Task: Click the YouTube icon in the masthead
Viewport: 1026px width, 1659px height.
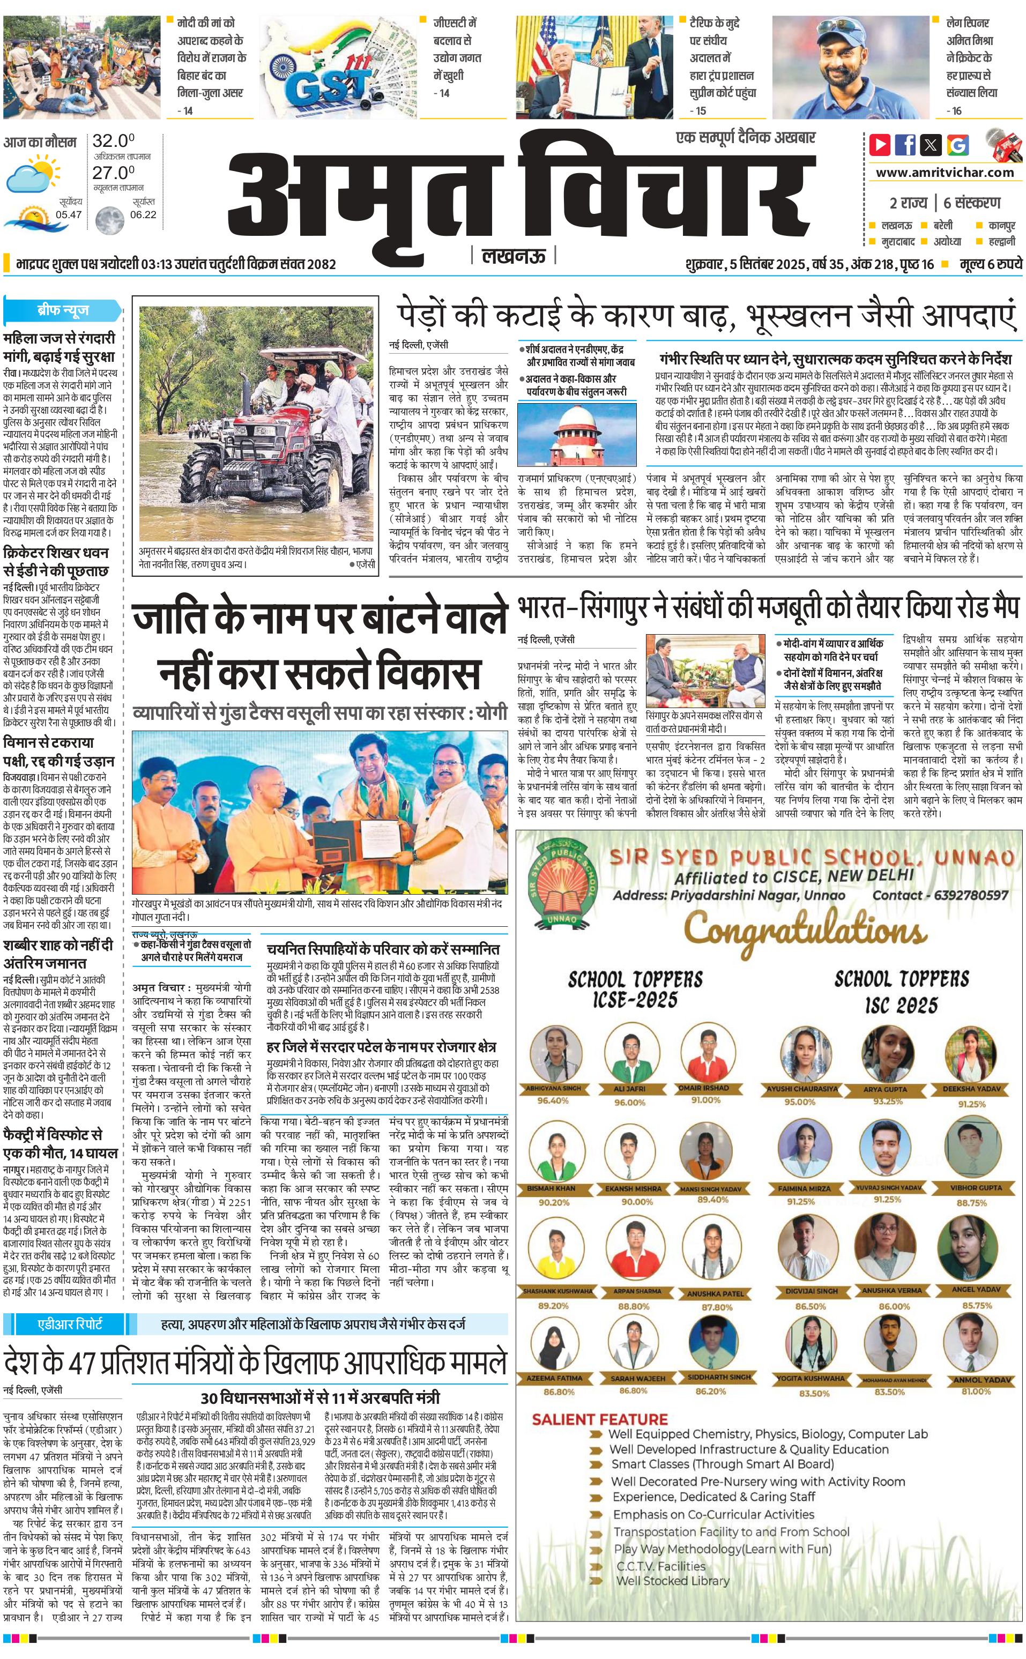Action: pos(880,145)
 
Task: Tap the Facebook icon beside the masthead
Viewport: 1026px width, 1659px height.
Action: pos(905,145)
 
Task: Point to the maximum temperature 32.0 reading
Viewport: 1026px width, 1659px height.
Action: pos(113,141)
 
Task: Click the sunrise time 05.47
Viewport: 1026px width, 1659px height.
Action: pos(69,214)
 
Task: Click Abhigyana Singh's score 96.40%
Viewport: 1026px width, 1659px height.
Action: pos(553,1100)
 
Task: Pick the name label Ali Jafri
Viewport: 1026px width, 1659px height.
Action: pos(629,1088)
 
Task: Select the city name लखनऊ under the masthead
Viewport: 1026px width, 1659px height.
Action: pos(513,256)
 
